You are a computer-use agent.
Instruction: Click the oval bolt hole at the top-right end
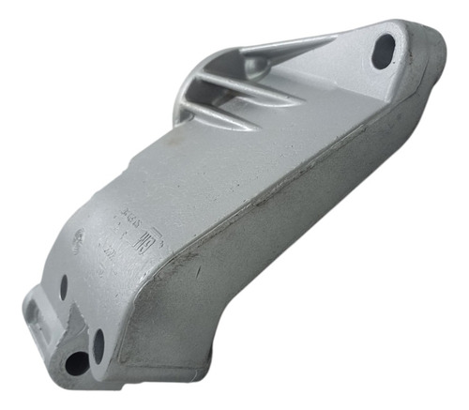(x=384, y=51)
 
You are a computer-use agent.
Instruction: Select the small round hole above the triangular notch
(x=64, y=287)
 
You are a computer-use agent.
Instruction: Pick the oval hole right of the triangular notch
(x=98, y=345)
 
